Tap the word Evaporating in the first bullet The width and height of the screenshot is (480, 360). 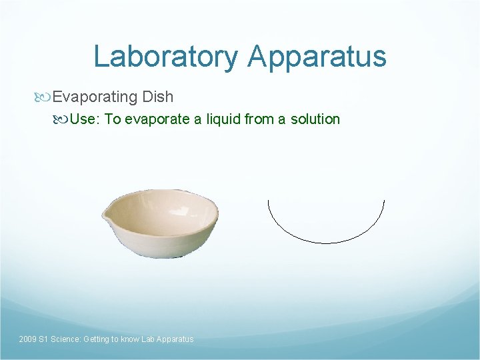[x=95, y=97]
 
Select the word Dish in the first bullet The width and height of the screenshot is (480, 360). [x=157, y=97]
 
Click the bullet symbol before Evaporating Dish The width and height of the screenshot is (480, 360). [x=45, y=97]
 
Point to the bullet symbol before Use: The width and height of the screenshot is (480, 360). [x=62, y=119]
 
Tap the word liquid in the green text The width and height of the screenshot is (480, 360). [x=224, y=119]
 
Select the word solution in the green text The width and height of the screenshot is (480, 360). [x=315, y=119]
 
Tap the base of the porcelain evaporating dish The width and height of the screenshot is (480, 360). [x=163, y=252]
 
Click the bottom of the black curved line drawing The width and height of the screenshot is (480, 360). [x=326, y=243]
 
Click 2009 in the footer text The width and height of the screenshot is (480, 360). [x=28, y=339]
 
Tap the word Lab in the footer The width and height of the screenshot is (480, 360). [x=149, y=339]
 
